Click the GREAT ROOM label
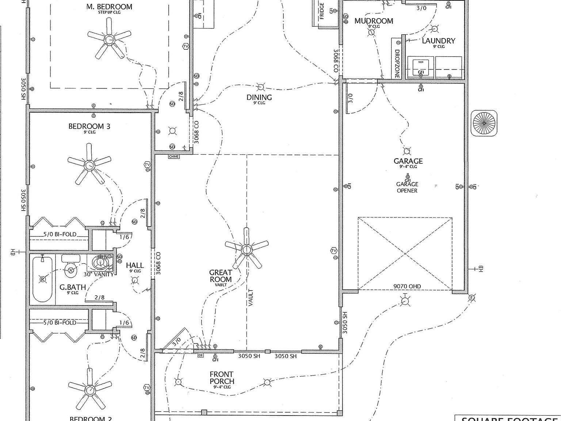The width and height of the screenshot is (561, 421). point(221,276)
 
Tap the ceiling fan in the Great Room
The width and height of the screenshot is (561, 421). point(247,250)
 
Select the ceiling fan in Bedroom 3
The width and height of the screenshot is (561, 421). point(89,165)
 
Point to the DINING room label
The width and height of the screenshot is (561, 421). point(259,97)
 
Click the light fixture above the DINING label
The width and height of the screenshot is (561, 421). point(261,87)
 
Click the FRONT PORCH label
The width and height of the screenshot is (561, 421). point(222,378)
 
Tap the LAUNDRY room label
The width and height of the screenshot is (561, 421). point(438,41)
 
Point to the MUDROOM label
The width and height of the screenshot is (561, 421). point(374,21)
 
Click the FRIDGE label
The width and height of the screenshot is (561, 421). point(322,11)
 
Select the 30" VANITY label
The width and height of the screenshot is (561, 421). point(99,274)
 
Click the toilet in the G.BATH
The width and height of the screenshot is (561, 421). point(70,266)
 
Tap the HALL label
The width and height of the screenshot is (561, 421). point(135,265)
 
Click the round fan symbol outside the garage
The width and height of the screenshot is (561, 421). point(484,123)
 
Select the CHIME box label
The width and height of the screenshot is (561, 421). point(174,157)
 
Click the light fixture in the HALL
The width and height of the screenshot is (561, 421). point(135,280)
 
